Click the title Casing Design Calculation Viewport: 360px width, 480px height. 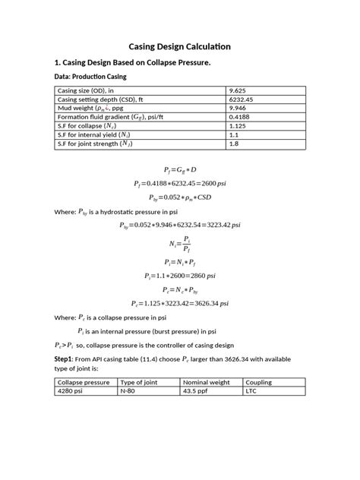pyautogui.click(x=179, y=46)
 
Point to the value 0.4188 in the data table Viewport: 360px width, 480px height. pyautogui.click(x=240, y=118)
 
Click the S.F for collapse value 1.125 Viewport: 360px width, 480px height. pyautogui.click(x=238, y=127)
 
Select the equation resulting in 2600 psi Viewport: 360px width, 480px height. pyautogui.click(x=179, y=183)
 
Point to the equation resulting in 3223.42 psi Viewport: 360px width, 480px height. pyautogui.click(x=179, y=226)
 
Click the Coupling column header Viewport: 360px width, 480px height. pyautogui.click(x=259, y=382)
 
